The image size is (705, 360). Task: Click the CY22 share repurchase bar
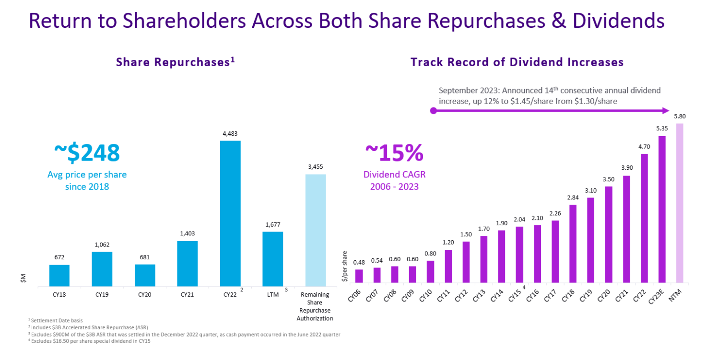230,213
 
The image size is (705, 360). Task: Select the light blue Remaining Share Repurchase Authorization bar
316,230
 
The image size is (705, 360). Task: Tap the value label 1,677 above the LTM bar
273,224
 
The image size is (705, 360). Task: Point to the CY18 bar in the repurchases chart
59,276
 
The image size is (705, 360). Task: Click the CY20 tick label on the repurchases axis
144,294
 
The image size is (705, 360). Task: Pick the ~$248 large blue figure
87,153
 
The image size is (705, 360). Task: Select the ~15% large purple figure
394,153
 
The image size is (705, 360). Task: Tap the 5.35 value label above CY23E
662,128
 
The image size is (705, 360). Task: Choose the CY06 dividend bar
359,276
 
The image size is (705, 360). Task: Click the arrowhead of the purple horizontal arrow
665,111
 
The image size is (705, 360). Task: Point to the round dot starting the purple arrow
434,111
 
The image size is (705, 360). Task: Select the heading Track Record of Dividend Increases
517,62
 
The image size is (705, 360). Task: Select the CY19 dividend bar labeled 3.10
590,240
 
